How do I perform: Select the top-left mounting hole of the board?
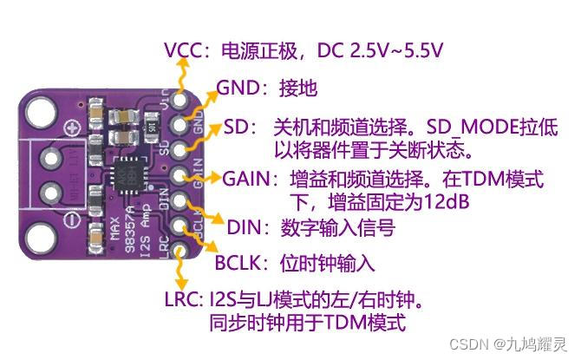[41, 110]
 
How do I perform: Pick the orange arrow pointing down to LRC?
[180, 270]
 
